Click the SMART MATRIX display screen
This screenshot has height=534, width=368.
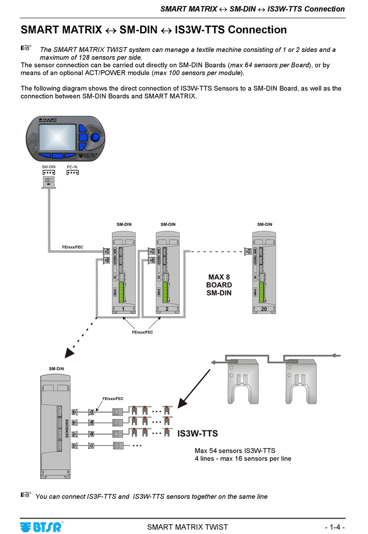(x=57, y=138)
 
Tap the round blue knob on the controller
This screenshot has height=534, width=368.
(x=95, y=137)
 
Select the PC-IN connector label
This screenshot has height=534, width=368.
(x=72, y=167)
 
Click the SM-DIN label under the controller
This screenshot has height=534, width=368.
(x=49, y=167)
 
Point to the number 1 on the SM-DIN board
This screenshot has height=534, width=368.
(x=123, y=309)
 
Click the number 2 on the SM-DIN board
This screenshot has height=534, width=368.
(x=167, y=309)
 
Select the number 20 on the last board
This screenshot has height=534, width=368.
(x=264, y=309)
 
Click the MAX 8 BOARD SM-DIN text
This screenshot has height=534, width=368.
(x=219, y=285)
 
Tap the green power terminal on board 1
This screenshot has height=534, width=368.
(x=121, y=292)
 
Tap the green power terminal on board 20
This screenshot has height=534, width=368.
(x=261, y=292)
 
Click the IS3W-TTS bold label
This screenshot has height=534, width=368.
(x=198, y=434)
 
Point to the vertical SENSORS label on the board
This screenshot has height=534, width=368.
(x=67, y=428)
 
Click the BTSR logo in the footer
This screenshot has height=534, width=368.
(x=41, y=527)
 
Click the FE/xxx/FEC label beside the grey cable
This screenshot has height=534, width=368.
(x=72, y=247)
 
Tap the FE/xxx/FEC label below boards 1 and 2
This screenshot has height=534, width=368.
(x=142, y=332)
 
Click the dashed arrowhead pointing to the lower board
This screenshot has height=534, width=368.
(x=69, y=353)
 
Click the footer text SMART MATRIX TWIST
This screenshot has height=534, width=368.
(x=187, y=527)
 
